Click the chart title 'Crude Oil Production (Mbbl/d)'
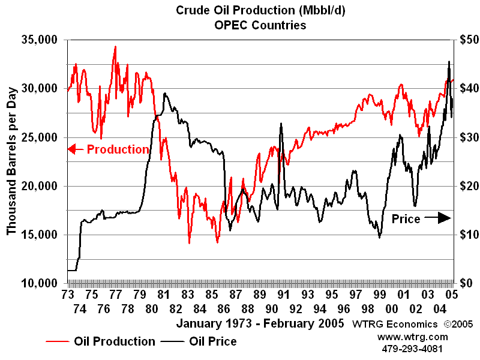click(260, 10)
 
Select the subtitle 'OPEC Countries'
click(260, 25)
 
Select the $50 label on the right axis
click(464, 40)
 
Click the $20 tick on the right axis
click(464, 186)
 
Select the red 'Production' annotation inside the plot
click(118, 149)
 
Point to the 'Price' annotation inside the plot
click(406, 219)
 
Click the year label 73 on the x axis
click(67, 295)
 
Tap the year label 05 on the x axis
click(452, 295)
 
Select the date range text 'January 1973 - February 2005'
click(260, 323)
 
